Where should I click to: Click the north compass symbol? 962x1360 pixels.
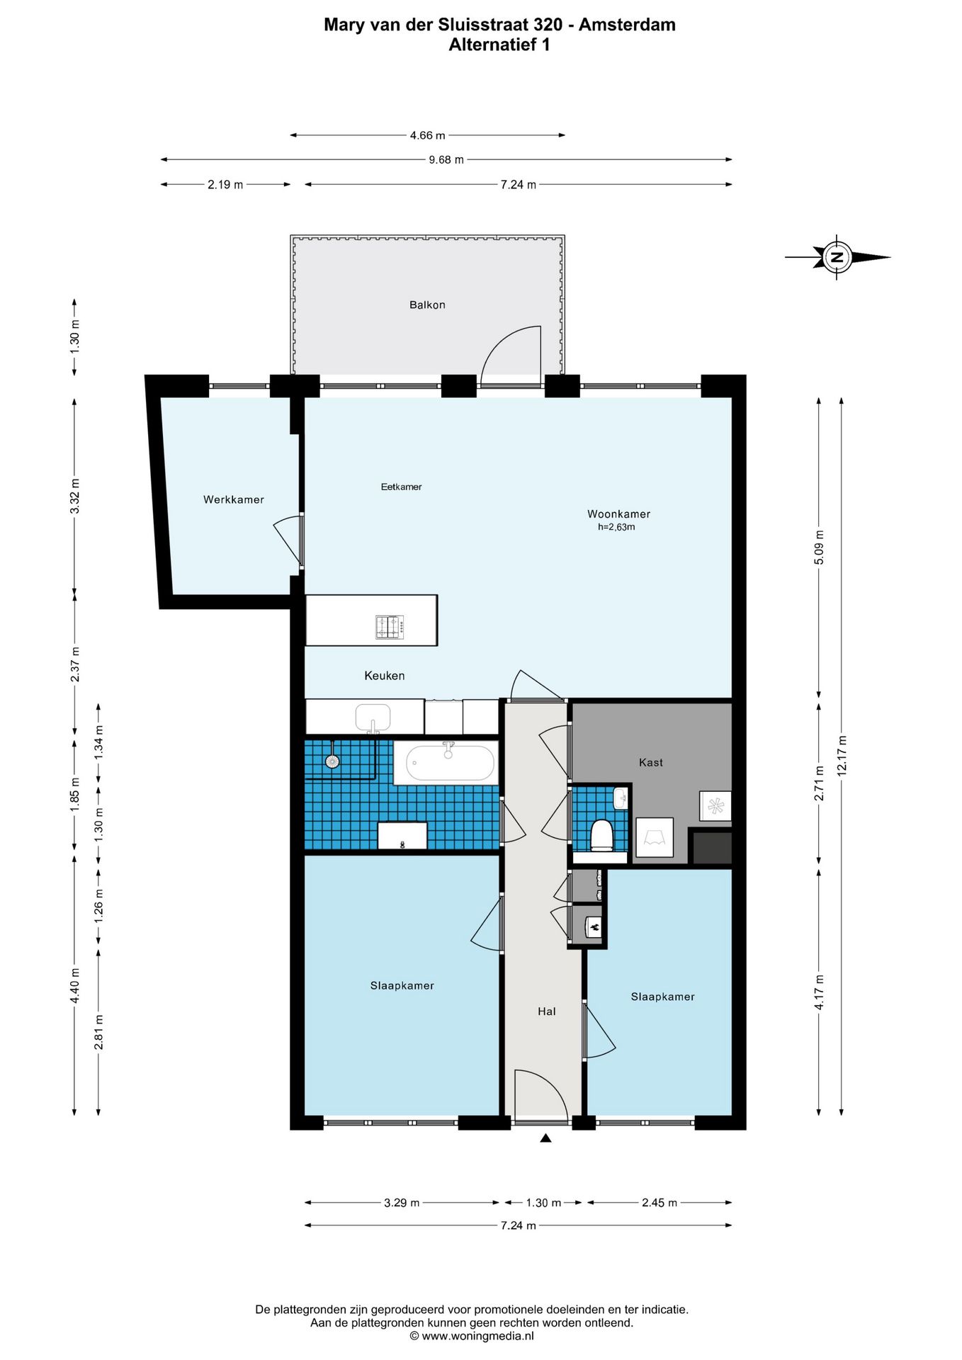tap(837, 257)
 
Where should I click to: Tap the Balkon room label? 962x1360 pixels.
tap(427, 305)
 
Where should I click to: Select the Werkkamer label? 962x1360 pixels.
tap(234, 499)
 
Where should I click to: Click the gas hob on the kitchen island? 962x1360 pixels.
tap(390, 627)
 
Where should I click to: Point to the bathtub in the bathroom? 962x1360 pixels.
tap(450, 762)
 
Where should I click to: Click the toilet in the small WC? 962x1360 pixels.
tap(601, 834)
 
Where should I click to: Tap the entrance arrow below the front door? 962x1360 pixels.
tap(545, 1138)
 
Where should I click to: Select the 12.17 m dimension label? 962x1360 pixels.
tap(842, 756)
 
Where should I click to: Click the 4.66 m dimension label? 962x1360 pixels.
tap(428, 135)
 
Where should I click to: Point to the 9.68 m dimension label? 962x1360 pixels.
tap(446, 160)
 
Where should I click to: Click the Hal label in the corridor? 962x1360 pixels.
tap(546, 1011)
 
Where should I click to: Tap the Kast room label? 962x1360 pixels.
tap(651, 762)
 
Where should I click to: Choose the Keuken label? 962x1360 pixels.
tap(385, 676)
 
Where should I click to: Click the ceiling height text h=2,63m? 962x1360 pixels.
tap(616, 527)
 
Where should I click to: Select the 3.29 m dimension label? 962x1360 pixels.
tap(402, 1203)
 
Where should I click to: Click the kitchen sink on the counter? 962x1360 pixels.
tap(373, 718)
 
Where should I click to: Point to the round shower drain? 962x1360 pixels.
tap(332, 761)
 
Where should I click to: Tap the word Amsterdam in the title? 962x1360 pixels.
tap(627, 25)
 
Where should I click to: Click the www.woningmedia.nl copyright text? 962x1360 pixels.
tap(471, 1336)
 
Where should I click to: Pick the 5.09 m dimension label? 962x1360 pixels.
tap(820, 548)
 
